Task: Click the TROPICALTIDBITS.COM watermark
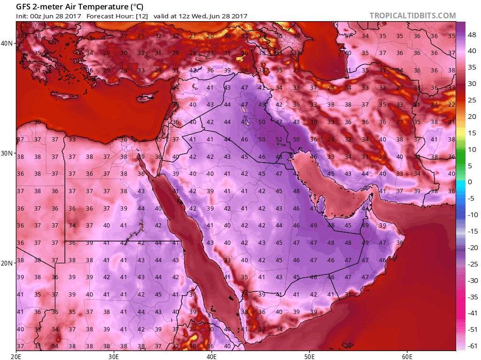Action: click(x=412, y=16)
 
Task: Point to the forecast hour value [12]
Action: click(x=142, y=16)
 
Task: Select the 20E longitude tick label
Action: click(x=16, y=356)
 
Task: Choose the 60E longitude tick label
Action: click(x=407, y=356)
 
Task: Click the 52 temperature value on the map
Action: click(x=279, y=139)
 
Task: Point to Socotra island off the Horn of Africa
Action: click(x=348, y=346)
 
